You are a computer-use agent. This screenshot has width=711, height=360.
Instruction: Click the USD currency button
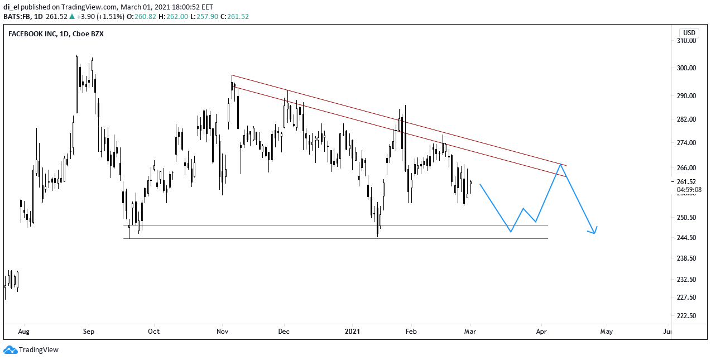pos(689,32)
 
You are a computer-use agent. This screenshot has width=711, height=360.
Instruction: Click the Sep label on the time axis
pos(89,332)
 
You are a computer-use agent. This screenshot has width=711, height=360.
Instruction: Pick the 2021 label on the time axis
pos(353,332)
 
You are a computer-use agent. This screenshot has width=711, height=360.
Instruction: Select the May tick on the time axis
pos(606,332)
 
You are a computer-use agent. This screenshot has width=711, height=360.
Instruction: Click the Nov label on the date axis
pos(223,332)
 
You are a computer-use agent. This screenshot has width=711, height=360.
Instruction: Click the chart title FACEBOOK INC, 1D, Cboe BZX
pos(56,34)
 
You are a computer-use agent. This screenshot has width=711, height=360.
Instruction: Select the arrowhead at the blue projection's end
pos(595,231)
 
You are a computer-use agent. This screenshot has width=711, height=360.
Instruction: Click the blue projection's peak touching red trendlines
pos(561,164)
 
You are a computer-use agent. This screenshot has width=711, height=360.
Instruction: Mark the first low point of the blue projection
pos(511,232)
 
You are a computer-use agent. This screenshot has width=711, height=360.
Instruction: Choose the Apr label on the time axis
pos(541,332)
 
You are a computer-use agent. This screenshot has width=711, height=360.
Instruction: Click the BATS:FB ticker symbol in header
pos(18,17)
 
